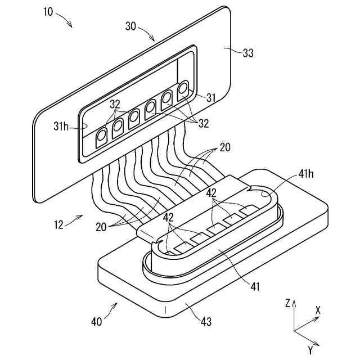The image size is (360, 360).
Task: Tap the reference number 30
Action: point(130,25)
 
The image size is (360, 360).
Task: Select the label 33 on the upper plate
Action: point(247,53)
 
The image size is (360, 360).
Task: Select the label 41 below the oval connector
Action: point(255,287)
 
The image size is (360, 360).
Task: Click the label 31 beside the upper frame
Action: point(211,98)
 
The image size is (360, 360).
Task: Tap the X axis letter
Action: point(318,310)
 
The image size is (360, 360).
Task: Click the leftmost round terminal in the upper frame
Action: point(102,136)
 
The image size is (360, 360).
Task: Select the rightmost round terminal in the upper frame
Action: point(183,88)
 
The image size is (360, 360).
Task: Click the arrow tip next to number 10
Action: point(73,26)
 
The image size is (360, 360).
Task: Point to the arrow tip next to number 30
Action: point(154,41)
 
